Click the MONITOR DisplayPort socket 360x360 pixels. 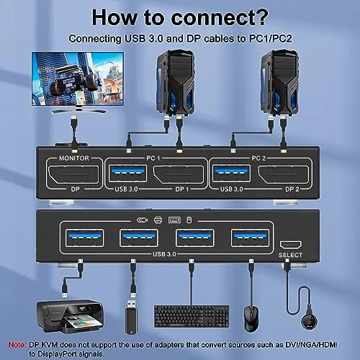coord(73,175)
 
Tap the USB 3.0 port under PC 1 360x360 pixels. coord(127,174)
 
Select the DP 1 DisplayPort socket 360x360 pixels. coord(179,175)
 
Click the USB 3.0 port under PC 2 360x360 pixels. coord(231,174)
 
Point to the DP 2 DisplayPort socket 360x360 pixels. coord(284,175)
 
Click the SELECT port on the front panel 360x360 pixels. coord(290,245)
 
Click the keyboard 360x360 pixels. coord(192,316)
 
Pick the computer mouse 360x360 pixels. coord(251,319)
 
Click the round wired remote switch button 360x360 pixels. coord(310,322)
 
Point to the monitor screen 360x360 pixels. coord(78,78)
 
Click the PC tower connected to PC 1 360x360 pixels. coord(175,82)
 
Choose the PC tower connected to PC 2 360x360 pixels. coord(280,82)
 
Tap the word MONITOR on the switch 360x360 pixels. coord(74,158)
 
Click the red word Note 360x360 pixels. coord(17,345)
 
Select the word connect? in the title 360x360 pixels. coord(220,17)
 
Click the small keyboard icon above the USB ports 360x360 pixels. coord(174,220)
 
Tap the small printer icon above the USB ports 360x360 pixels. coord(158,220)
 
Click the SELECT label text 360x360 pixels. coord(290,255)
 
